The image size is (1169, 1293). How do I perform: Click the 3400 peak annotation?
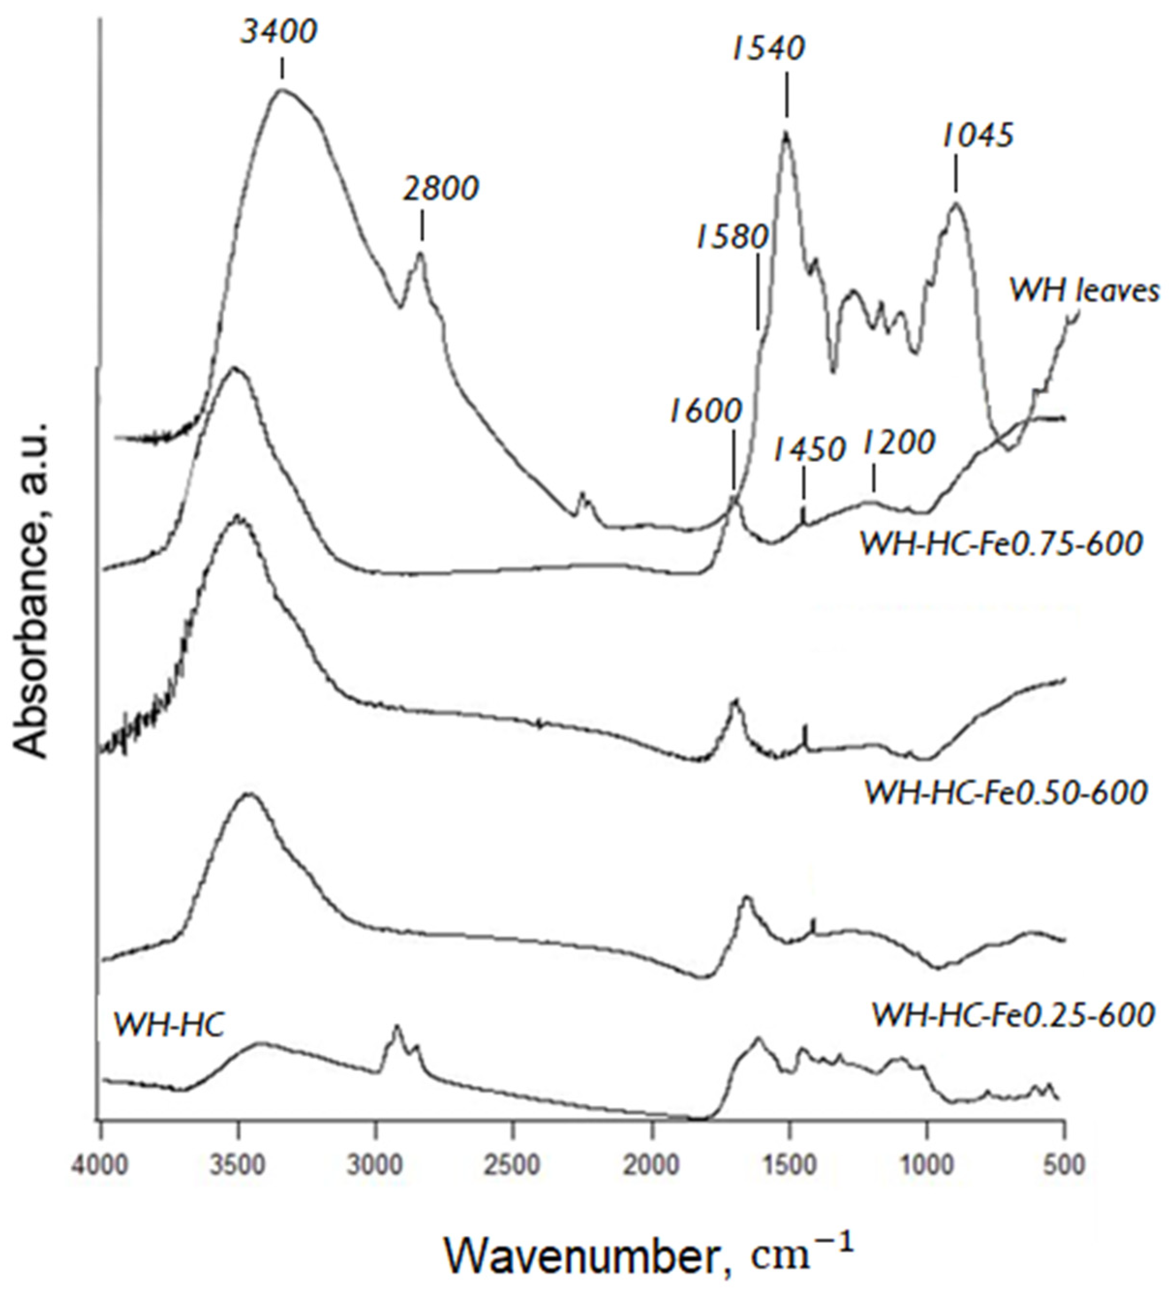pos(278,31)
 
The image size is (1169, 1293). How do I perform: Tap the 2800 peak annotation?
pos(441,189)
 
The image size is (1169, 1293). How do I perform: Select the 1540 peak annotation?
pos(768,49)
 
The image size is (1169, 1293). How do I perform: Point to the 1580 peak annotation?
pos(731,238)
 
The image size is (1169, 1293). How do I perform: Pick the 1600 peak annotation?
pos(705,410)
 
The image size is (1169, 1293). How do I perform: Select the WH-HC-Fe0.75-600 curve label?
pos(1001,544)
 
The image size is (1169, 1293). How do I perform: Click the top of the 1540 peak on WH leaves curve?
pos(785,132)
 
